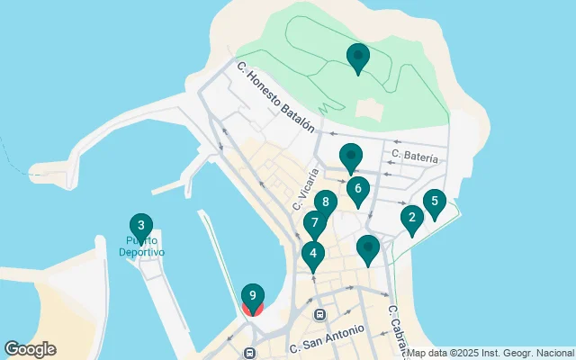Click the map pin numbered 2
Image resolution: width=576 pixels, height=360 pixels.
[412, 218]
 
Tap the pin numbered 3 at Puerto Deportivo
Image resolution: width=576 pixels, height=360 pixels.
[140, 226]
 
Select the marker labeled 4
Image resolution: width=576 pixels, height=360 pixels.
[312, 255]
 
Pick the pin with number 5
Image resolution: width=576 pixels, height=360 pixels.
[435, 202]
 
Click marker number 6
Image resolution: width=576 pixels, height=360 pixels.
[358, 190]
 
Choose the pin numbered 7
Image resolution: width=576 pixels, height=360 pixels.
[314, 223]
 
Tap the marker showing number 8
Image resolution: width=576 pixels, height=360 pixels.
[325, 202]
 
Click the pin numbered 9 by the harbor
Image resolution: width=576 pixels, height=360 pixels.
[253, 297]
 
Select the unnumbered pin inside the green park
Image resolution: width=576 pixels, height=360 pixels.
[358, 58]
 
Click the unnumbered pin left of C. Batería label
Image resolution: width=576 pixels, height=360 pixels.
[351, 157]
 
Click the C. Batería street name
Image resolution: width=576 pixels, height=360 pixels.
[414, 157]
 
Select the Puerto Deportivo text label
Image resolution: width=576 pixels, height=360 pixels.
[142, 247]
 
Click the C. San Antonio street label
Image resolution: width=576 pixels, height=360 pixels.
[328, 338]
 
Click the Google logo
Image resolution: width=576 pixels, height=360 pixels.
[30, 349]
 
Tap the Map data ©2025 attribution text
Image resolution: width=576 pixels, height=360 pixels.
[490, 353]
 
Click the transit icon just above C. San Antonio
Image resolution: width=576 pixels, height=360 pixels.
[319, 315]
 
